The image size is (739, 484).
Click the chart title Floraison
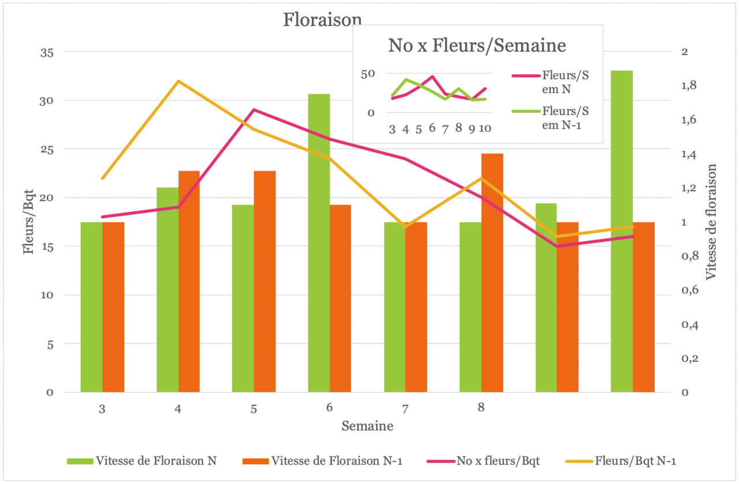pyautogui.click(x=322, y=20)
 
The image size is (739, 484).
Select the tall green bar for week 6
pyautogui.click(x=319, y=243)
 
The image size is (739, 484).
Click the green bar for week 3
pyautogui.click(x=91, y=307)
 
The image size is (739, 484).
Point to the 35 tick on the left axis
pyautogui.click(x=46, y=52)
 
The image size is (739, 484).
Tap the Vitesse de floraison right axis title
pyautogui.click(x=711, y=222)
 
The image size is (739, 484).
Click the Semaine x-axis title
pyautogui.click(x=367, y=427)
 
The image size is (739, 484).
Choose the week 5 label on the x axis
pyautogui.click(x=253, y=409)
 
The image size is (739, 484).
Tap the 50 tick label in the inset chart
pyautogui.click(x=368, y=73)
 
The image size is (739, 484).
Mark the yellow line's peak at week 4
pyautogui.click(x=178, y=81)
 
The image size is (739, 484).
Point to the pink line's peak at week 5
pyautogui.click(x=254, y=109)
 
